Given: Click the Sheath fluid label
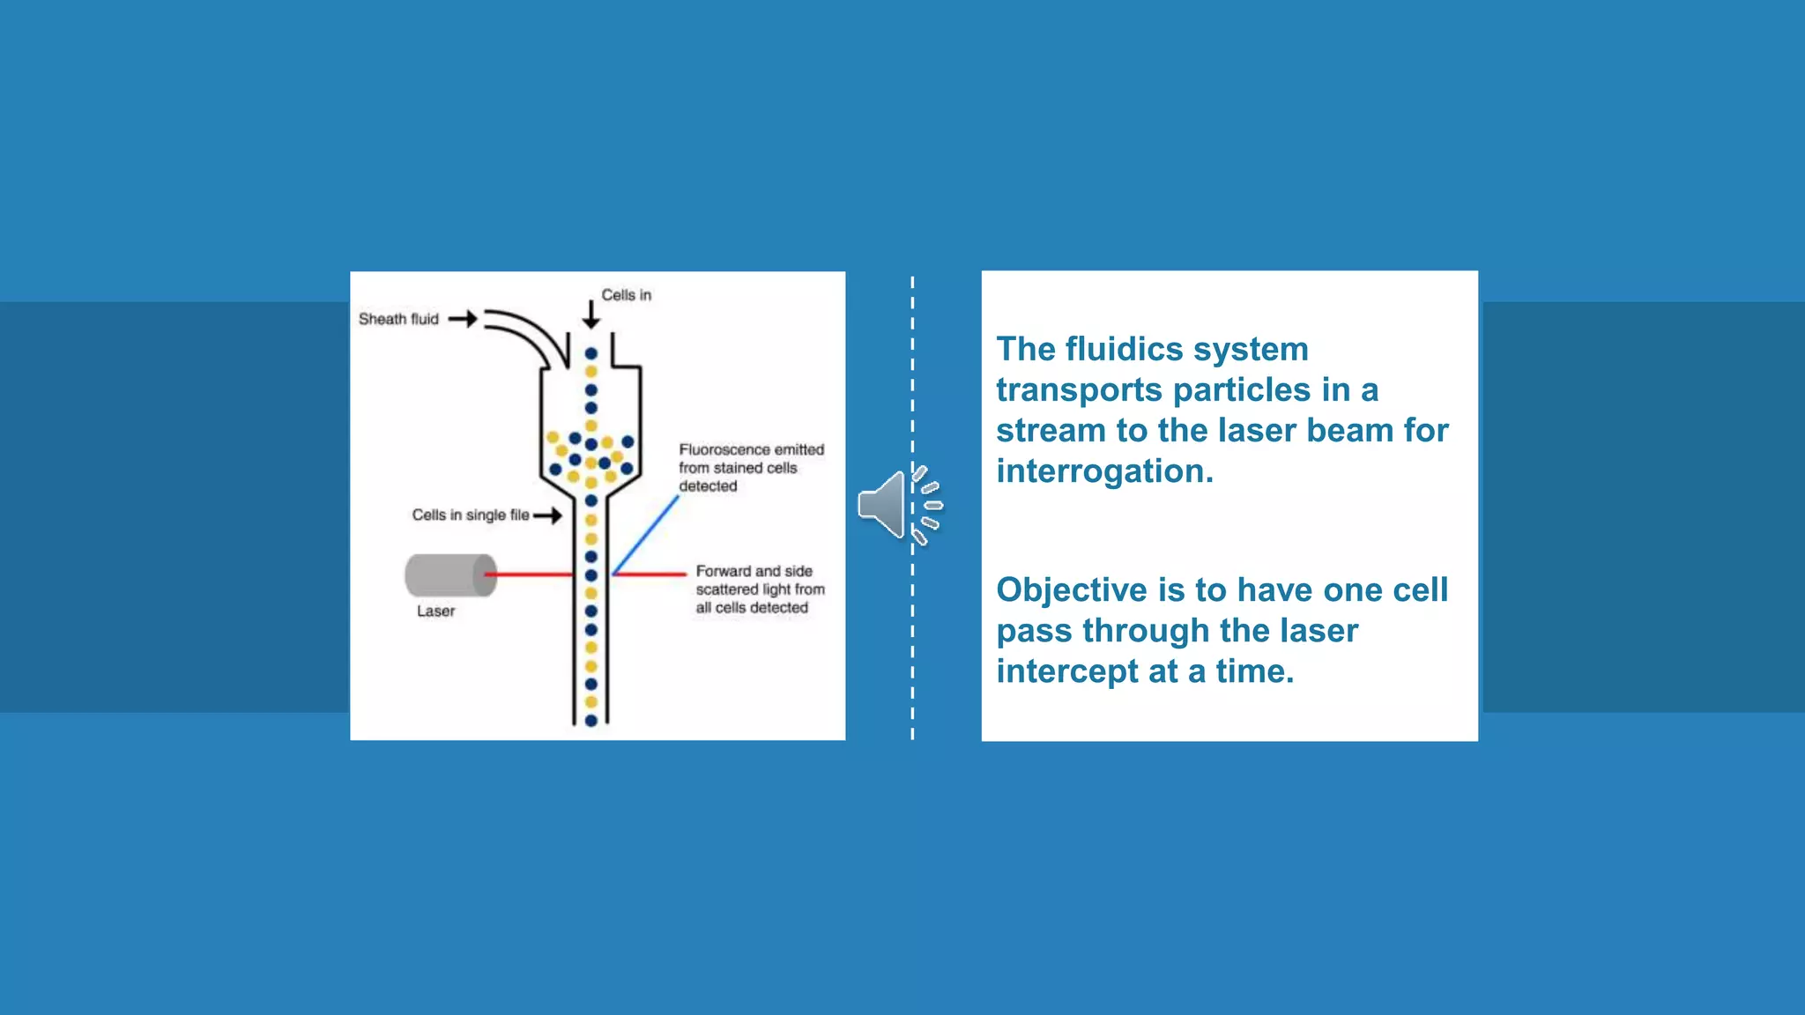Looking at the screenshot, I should click(397, 319).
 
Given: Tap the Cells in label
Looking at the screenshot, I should click(626, 295).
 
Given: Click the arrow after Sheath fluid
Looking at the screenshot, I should click(464, 319).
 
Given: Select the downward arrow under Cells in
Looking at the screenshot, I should click(591, 315).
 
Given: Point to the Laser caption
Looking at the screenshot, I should click(435, 611).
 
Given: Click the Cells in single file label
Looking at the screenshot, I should click(470, 515).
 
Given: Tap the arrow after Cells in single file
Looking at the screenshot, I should click(548, 515).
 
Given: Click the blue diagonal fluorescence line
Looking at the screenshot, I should click(646, 535).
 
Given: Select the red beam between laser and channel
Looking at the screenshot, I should click(529, 574).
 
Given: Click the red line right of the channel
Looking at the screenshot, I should click(650, 574).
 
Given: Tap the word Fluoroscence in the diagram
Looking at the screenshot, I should click(724, 449).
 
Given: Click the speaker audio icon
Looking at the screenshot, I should click(884, 505).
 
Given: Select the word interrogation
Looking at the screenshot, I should click(1104, 471).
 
